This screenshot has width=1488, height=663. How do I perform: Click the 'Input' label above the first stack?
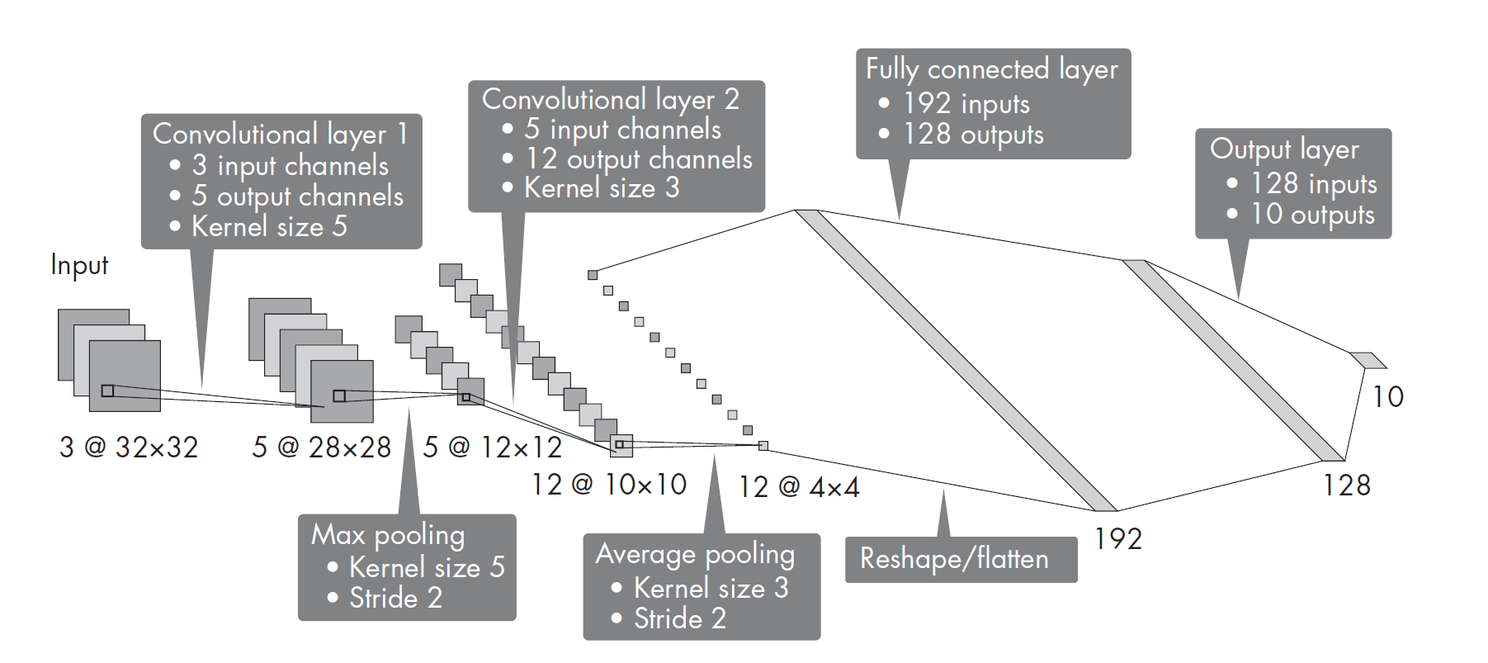coord(79,265)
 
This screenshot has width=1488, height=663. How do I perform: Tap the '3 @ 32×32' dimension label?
coord(129,448)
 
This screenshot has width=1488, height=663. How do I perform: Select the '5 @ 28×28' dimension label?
coord(321,448)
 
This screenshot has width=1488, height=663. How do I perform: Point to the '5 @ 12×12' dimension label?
coord(492,448)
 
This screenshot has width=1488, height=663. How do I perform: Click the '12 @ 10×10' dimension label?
coord(609,485)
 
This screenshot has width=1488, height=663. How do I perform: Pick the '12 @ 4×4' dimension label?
coord(799,487)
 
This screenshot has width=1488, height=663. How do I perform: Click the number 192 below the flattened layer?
coord(1117,539)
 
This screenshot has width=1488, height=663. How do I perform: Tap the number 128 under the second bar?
coord(1346,485)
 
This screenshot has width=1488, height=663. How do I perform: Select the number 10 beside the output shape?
coord(1387,397)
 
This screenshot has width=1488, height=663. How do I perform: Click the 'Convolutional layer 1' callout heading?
coord(280,134)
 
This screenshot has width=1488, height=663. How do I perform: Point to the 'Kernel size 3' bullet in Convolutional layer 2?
coord(602,188)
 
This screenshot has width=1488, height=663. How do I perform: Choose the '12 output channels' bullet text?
coord(639,159)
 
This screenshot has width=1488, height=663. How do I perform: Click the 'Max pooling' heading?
coord(388,535)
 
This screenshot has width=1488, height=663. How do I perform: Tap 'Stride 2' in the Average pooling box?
coord(679,618)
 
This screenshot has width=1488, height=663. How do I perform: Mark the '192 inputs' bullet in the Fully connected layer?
coord(966,103)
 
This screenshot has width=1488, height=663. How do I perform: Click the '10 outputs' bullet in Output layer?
coord(1312,215)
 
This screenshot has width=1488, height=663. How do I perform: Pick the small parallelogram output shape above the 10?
coord(1368,360)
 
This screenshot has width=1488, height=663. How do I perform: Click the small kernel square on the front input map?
coord(107,391)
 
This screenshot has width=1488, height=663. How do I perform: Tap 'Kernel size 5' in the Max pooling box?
coord(426,567)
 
